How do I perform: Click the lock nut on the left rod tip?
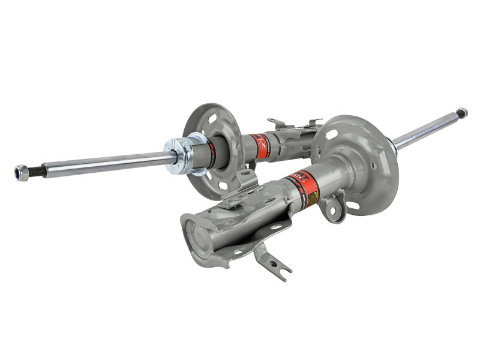[x=22, y=173]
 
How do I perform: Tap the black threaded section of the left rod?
[x=37, y=170]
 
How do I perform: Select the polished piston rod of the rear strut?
[x=108, y=163]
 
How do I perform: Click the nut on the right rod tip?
[x=461, y=112]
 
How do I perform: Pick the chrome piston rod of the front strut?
[x=426, y=129]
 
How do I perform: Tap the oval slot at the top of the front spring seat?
[x=331, y=134]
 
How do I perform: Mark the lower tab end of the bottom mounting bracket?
[x=283, y=273]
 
